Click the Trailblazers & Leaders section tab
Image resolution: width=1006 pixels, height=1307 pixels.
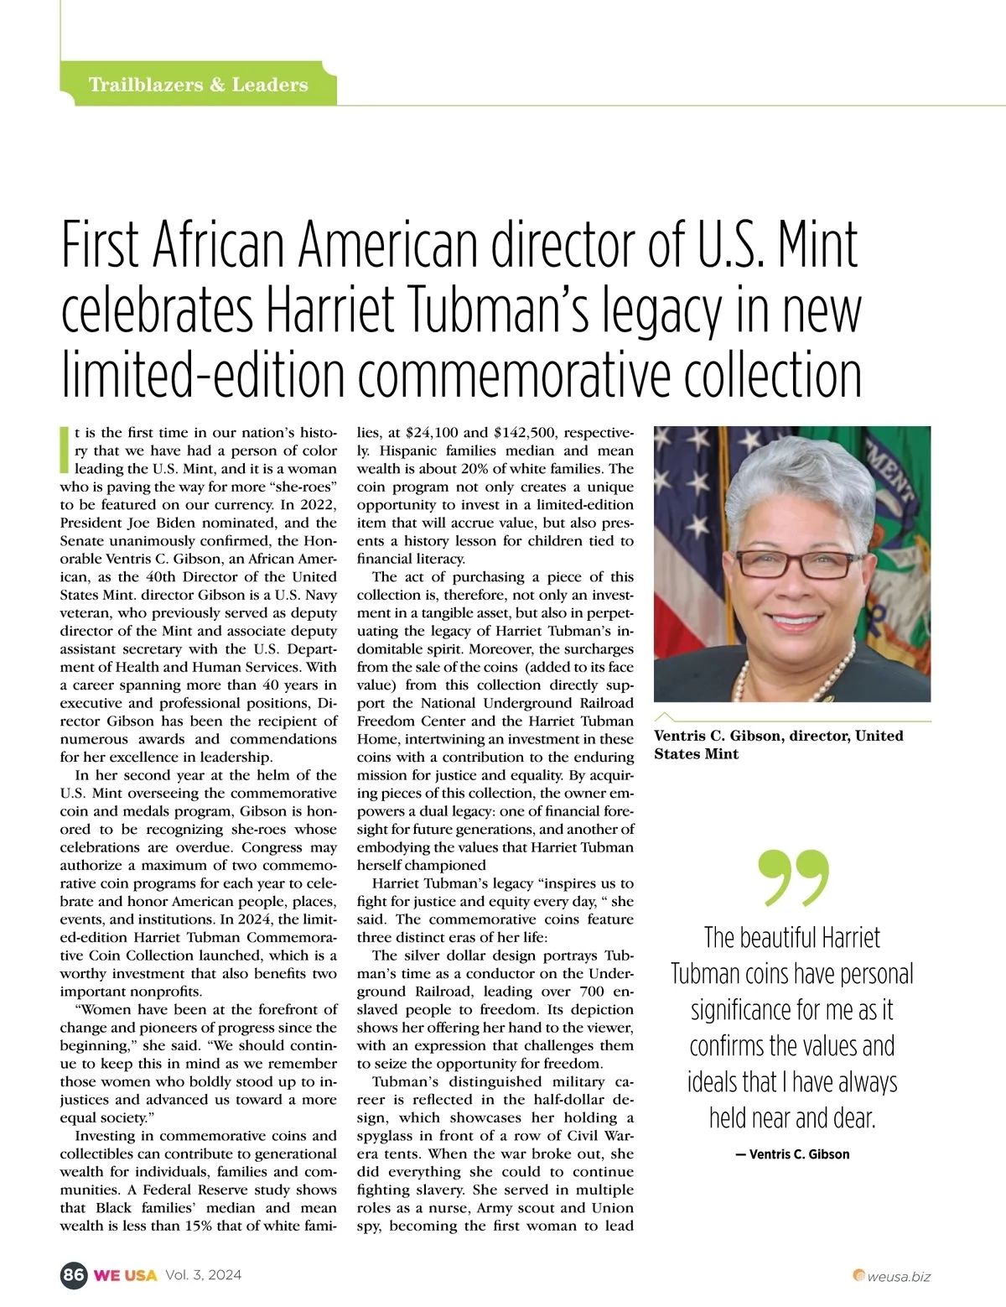[x=199, y=85]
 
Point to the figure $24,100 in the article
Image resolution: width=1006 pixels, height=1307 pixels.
[x=431, y=433]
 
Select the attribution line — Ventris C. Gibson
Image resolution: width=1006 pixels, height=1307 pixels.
[x=792, y=1154]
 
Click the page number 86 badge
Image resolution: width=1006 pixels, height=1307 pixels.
[x=73, y=1275]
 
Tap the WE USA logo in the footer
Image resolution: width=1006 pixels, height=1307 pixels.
[x=125, y=1275]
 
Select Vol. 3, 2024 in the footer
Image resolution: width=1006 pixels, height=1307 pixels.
[x=203, y=1275]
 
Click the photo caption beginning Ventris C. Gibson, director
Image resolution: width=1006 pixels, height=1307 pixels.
[x=779, y=745]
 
